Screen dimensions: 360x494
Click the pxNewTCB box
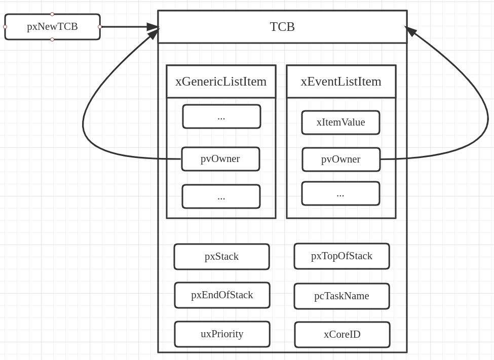(x=52, y=27)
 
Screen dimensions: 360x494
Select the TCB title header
(x=282, y=27)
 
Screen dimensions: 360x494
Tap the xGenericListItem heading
(x=221, y=82)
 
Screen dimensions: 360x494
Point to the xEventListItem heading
(x=341, y=82)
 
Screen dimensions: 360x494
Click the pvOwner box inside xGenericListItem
(x=220, y=159)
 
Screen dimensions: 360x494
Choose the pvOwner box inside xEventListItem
(x=341, y=159)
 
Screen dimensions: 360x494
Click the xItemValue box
(x=340, y=123)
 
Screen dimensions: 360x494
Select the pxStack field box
(x=221, y=257)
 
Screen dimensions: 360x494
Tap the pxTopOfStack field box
(x=341, y=256)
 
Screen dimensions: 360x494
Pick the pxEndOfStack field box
(x=222, y=295)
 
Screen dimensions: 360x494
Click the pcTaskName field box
(x=341, y=296)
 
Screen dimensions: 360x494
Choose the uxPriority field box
(x=222, y=334)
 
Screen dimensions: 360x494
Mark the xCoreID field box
(x=342, y=335)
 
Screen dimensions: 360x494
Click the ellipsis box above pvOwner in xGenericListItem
(x=221, y=116)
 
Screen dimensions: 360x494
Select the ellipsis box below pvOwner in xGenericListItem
(x=221, y=196)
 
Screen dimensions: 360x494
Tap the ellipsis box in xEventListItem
(x=340, y=193)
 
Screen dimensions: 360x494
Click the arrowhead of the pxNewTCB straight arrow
(x=153, y=27)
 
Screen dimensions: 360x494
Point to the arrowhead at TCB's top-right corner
(x=411, y=31)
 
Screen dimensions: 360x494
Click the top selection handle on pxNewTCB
(x=52, y=14)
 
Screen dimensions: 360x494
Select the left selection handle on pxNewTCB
(x=5, y=27)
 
